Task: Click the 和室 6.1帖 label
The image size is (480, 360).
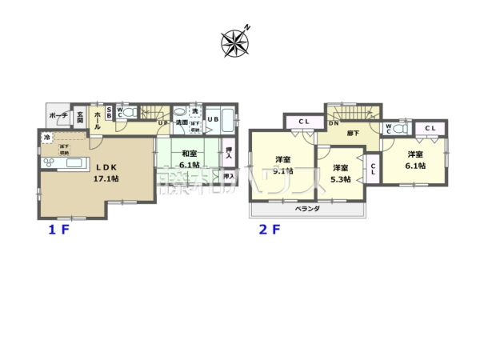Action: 189,159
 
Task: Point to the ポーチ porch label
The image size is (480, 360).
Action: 58,116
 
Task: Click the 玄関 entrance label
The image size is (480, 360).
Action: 81,118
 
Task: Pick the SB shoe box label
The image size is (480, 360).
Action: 110,114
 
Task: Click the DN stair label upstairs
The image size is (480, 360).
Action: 333,122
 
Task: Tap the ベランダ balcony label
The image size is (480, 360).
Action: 306,208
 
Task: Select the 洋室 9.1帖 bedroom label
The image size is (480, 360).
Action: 283,165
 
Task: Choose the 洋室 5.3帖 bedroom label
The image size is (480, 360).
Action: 340,173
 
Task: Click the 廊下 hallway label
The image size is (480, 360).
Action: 352,133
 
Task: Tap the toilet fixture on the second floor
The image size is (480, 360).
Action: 398,127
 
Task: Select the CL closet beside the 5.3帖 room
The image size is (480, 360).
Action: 373,170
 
